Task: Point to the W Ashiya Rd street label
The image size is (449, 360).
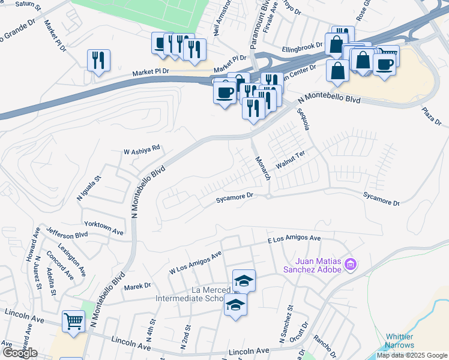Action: tap(142, 148)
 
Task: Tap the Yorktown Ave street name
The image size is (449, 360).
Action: tap(104, 227)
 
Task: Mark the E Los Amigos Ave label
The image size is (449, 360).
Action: tap(294, 239)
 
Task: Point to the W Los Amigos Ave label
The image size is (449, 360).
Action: tap(195, 262)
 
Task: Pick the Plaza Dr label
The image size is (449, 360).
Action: tap(431, 118)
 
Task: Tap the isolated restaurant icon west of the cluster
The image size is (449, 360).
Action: tap(97, 61)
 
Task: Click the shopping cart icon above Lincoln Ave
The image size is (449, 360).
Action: tap(73, 321)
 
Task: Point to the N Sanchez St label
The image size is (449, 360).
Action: tap(286, 324)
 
